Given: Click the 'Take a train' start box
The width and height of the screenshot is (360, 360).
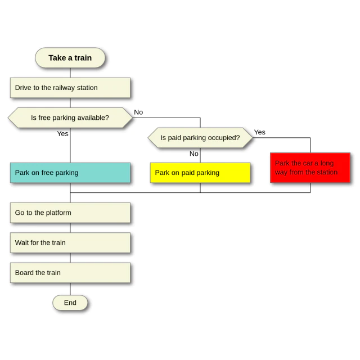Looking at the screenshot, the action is (x=70, y=57).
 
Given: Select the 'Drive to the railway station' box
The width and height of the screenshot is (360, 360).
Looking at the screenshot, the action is (x=70, y=88).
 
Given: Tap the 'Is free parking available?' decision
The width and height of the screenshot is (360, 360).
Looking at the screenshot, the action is (x=70, y=118).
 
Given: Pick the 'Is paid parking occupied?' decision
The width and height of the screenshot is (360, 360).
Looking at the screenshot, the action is (x=200, y=138).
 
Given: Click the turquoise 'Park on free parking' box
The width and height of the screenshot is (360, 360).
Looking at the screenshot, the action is (x=70, y=173).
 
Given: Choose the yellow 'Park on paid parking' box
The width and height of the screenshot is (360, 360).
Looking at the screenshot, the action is (x=200, y=173).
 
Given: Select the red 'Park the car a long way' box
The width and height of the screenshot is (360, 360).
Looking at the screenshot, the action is (x=310, y=168).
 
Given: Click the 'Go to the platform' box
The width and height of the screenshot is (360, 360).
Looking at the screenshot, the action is (x=70, y=213).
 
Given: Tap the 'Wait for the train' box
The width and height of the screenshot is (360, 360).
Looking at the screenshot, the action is (x=70, y=242).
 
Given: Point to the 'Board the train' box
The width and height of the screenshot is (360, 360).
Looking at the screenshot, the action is (x=70, y=273).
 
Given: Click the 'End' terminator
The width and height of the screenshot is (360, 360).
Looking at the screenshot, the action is (x=70, y=303).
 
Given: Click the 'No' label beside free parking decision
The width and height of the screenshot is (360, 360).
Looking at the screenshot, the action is (x=138, y=112).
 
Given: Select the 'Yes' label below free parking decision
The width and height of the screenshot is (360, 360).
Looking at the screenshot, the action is (x=62, y=134).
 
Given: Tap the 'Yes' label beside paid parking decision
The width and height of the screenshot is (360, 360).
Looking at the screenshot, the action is (x=260, y=132).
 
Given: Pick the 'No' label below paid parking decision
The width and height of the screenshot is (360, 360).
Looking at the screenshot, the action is (x=194, y=154).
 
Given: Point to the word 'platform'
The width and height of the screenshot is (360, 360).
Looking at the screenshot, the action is (x=58, y=213).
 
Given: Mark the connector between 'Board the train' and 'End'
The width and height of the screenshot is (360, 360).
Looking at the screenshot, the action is (x=70, y=289).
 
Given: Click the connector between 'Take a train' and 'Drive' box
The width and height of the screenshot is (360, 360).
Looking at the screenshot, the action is (x=70, y=73).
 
